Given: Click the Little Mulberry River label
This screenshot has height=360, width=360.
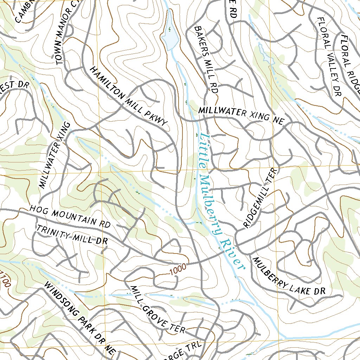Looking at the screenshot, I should pyautogui.click(x=220, y=204).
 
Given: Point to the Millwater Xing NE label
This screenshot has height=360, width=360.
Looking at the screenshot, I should pyautogui.click(x=241, y=115).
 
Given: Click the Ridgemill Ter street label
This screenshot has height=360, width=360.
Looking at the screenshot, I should pyautogui.click(x=261, y=198).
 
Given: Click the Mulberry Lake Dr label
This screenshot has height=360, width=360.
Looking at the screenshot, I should pyautogui.click(x=288, y=276).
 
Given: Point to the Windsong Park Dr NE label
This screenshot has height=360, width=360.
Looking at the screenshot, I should pyautogui.click(x=79, y=318).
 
